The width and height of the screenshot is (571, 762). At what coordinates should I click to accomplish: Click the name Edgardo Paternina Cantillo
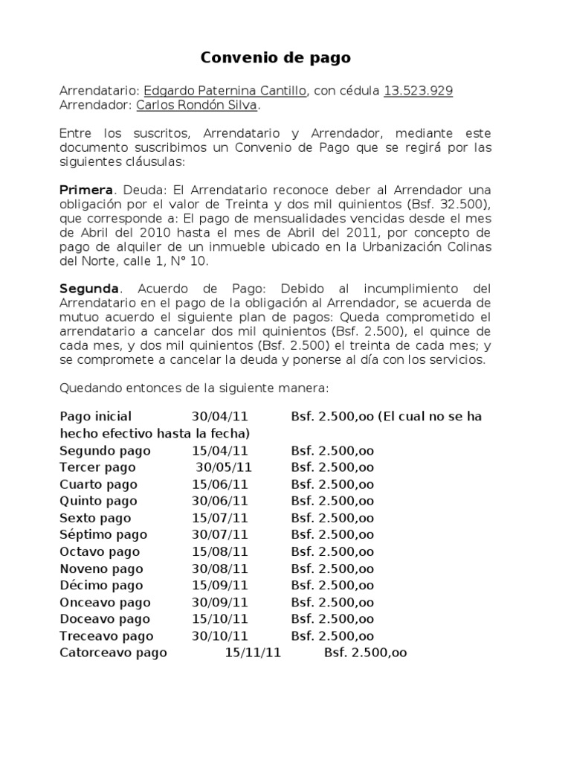coord(225,91)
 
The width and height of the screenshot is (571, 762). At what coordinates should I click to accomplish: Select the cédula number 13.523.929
coord(419,91)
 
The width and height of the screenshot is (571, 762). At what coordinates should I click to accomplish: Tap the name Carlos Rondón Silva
coord(197,106)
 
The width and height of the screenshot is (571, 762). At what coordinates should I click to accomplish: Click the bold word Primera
coord(86,190)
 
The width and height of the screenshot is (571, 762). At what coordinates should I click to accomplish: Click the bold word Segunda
coord(88,288)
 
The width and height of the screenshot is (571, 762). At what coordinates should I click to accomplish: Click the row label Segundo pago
coord(105,451)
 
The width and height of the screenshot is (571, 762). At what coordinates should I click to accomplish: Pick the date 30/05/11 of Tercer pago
coord(224,467)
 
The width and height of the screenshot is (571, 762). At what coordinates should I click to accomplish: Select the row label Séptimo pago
coord(103,534)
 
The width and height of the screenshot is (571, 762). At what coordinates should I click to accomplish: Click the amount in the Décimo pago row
coord(332,586)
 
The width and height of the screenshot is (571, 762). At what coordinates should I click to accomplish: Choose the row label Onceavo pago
coord(105,602)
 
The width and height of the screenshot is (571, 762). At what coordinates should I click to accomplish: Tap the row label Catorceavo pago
coord(113,653)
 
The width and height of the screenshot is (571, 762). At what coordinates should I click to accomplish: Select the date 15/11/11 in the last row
coord(253,653)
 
